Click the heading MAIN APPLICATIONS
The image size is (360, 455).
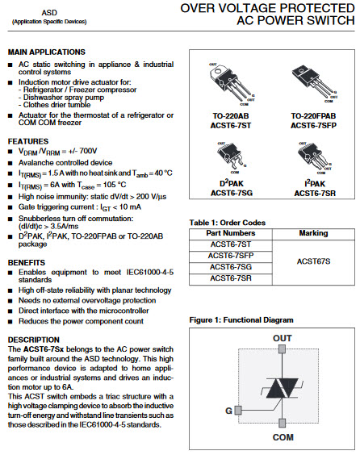[x=47, y=52]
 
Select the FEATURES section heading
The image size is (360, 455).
[x=29, y=141]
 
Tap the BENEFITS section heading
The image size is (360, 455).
[x=28, y=263]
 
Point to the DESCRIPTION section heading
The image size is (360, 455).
[x=34, y=339]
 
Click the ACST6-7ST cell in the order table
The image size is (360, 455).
[x=230, y=244]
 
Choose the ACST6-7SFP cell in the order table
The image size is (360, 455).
[x=230, y=256]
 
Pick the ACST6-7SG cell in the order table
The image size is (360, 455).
[x=230, y=267]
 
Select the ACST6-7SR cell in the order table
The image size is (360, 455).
[x=230, y=278]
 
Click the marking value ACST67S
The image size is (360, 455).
[x=313, y=261]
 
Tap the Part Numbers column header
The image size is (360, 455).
[x=230, y=233]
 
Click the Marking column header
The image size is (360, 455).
[x=313, y=233]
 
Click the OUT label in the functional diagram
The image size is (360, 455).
[x=282, y=337]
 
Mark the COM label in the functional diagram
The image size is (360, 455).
[x=283, y=436]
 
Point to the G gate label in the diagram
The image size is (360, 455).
[x=228, y=411]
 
